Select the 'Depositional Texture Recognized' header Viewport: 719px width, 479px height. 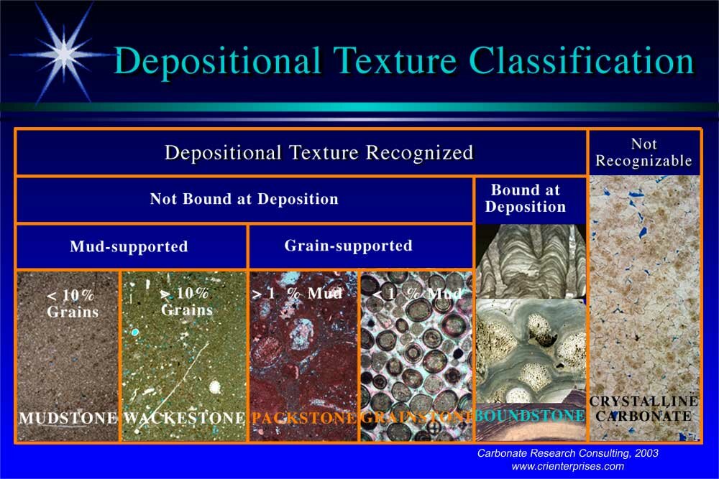point(319,152)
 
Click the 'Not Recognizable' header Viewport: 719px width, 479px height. point(644,152)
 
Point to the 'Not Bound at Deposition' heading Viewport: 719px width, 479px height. point(244,199)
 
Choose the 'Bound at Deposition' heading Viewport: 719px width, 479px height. point(526,199)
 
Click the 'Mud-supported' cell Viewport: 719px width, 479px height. point(129,246)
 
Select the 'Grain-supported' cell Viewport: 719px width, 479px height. point(348,246)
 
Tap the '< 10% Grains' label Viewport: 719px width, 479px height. point(72,303)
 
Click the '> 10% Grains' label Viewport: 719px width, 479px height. point(186,302)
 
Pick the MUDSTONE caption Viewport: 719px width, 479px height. point(68,417)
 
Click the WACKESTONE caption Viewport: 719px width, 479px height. point(185,417)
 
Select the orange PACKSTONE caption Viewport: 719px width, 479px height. point(303,417)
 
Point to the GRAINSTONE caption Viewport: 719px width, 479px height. point(416,417)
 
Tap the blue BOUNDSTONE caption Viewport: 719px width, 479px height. point(530,416)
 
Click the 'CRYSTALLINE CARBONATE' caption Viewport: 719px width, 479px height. point(644,409)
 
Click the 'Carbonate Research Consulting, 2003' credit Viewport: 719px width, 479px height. point(568,453)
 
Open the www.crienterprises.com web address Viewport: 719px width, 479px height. point(568,466)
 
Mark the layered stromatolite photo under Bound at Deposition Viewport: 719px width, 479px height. point(531,261)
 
